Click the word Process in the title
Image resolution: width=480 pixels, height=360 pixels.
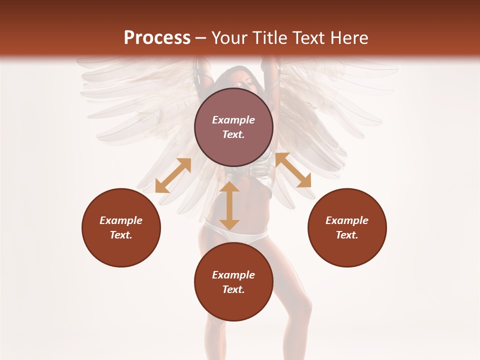click(x=157, y=38)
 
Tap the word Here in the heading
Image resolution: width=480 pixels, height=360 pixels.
click(x=348, y=38)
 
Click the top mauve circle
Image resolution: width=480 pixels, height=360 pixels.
click(x=233, y=127)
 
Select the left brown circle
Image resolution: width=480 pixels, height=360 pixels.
click(x=121, y=227)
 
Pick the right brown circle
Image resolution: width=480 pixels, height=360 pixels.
click(x=347, y=227)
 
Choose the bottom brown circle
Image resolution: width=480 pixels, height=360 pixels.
click(x=233, y=282)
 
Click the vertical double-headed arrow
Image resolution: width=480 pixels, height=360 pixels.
click(x=229, y=206)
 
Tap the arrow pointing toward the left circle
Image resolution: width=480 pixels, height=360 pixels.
click(x=173, y=175)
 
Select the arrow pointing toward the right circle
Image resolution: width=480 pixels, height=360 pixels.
click(x=293, y=170)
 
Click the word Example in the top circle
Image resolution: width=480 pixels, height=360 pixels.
click(x=233, y=120)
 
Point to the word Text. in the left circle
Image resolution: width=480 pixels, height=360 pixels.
click(x=121, y=235)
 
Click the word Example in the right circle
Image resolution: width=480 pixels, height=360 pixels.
click(x=347, y=220)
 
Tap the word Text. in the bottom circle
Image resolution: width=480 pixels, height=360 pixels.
click(x=233, y=289)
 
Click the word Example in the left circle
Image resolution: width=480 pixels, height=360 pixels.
click(x=121, y=220)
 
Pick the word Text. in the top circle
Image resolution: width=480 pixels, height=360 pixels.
click(x=233, y=134)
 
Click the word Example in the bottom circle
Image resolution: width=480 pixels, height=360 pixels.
click(x=233, y=275)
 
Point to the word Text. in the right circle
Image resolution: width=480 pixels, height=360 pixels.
click(x=347, y=235)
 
